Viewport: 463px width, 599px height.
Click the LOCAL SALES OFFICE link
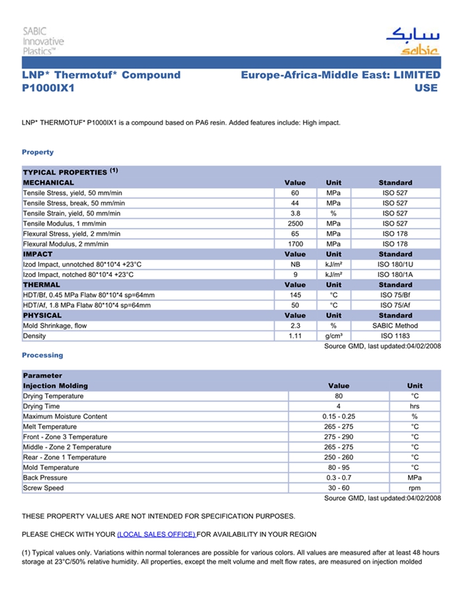click(156, 534)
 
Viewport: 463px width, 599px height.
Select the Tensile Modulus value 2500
click(295, 223)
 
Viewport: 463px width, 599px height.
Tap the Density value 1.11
click(295, 336)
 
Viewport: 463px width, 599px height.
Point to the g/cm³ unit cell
click(333, 336)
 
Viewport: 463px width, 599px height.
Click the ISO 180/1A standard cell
click(395, 274)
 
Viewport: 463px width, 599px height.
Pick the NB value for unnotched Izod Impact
click(295, 264)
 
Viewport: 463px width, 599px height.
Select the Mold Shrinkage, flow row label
click(55, 326)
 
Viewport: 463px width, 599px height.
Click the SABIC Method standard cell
click(395, 326)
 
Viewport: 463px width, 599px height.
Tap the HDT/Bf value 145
click(295, 295)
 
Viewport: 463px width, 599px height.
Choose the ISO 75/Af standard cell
click(395, 305)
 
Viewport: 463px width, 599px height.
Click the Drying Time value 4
click(338, 406)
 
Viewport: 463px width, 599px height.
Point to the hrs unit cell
click(415, 406)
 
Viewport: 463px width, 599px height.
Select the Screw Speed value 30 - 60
click(338, 488)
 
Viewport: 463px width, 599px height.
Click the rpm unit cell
click(415, 488)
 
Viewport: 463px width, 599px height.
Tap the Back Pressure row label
click(45, 477)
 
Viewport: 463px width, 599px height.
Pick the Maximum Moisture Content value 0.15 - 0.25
click(338, 417)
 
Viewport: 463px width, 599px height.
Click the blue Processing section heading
click(42, 355)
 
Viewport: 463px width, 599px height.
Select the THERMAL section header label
click(42, 285)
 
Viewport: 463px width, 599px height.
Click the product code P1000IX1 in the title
click(48, 88)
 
